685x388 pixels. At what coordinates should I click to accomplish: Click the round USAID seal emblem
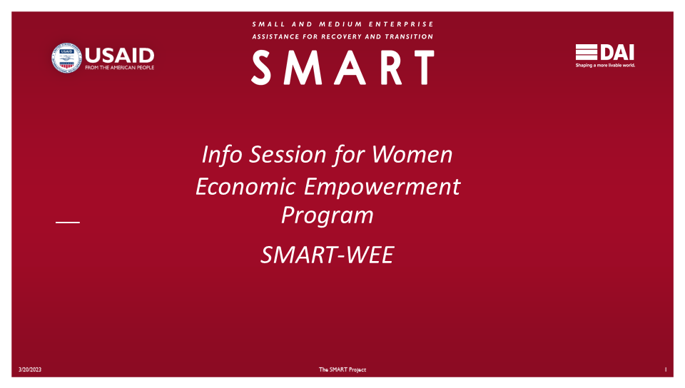point(66,58)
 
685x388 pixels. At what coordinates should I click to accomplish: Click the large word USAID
point(119,56)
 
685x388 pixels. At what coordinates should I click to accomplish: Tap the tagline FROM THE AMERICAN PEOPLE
point(119,68)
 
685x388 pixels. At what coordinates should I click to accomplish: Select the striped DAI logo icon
point(587,52)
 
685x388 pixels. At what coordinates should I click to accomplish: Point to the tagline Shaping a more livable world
point(605,66)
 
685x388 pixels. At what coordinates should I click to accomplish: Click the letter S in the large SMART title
point(261,67)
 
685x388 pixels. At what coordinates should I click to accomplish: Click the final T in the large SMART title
point(424,67)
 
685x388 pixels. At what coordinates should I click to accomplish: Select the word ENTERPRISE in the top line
point(401,24)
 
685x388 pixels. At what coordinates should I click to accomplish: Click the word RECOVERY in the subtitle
point(341,36)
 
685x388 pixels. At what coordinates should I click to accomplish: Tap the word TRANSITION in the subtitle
point(409,36)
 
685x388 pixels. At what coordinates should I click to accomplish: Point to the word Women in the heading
point(412,155)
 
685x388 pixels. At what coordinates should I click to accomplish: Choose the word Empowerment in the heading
point(382,187)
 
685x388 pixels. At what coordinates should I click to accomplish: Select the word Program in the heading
point(328,215)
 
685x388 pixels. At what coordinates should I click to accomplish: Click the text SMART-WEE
point(328,255)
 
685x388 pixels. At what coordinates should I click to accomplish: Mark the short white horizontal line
point(68,223)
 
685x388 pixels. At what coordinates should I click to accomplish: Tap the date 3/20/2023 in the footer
point(30,369)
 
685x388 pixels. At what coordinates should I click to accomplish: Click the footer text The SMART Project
point(342,369)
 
